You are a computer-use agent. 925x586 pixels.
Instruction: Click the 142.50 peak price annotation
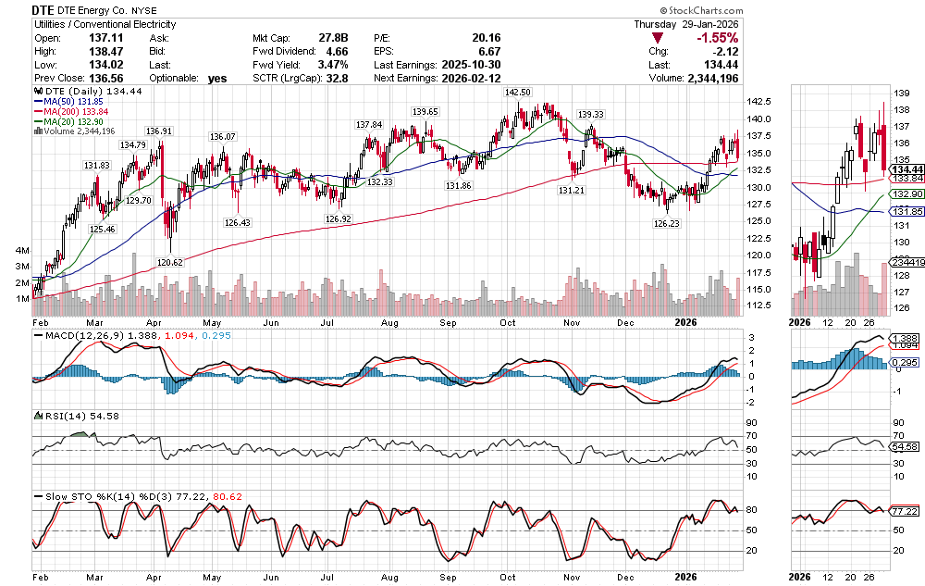(x=517, y=93)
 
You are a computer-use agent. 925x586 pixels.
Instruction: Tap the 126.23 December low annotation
(x=666, y=223)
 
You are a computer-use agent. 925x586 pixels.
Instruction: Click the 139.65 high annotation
(x=425, y=111)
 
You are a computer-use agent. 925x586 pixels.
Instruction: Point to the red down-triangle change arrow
(x=658, y=38)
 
